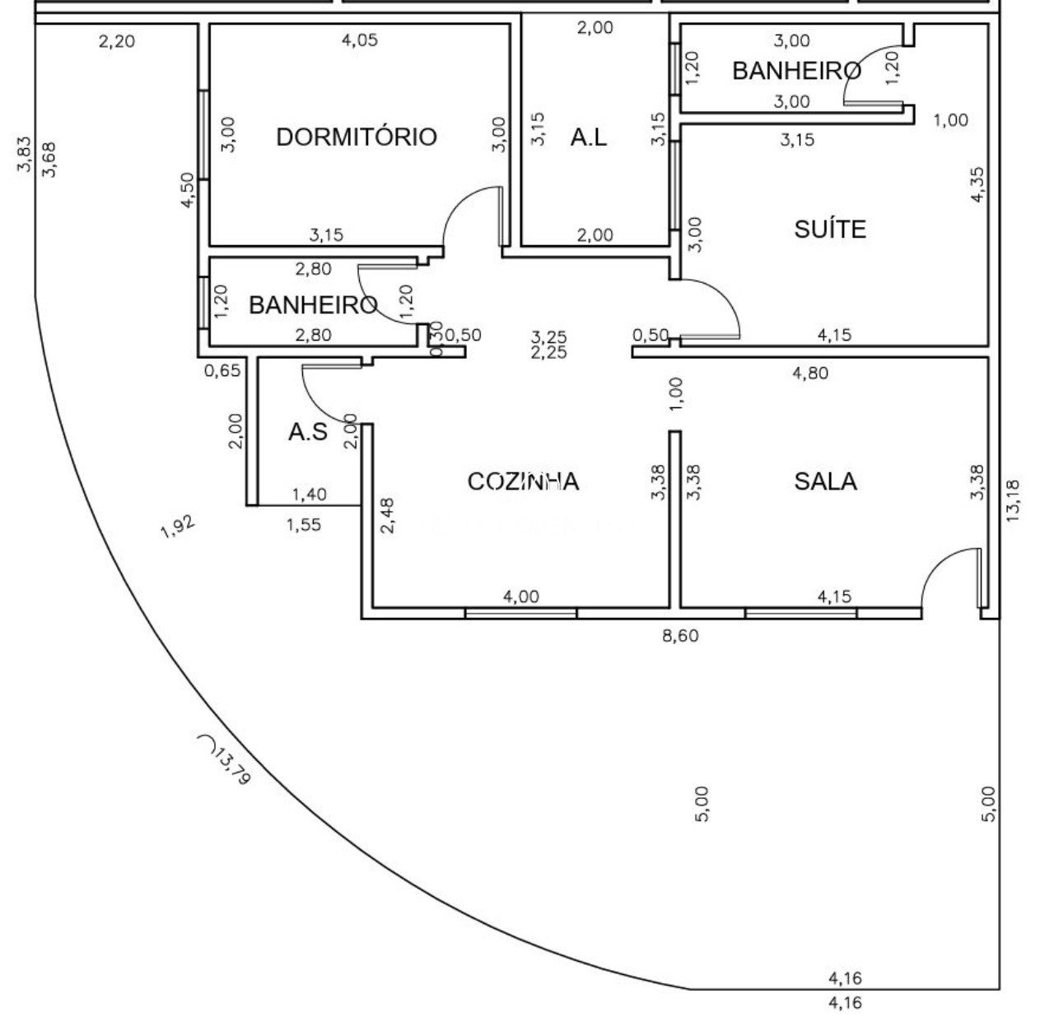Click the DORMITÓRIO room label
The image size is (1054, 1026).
coord(356,137)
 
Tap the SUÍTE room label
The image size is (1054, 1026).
coord(830,229)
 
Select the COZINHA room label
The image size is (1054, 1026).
coord(523,481)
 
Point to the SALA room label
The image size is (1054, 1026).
coord(825,481)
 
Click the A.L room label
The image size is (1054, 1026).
coord(589,137)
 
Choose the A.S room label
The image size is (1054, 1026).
coord(307,432)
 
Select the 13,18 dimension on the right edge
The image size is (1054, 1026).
coord(1012,500)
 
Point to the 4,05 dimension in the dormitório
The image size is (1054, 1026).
coord(359,39)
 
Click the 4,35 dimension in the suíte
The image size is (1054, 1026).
coord(977,184)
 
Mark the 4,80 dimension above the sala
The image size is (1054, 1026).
coord(809,374)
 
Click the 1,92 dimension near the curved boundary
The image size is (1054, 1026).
coord(178,527)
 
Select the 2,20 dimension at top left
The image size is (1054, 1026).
coord(116,40)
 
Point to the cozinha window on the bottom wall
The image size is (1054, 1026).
coord(520,613)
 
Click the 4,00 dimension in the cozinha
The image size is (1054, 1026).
coord(520,597)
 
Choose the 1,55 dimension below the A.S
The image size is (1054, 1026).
coord(304,524)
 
